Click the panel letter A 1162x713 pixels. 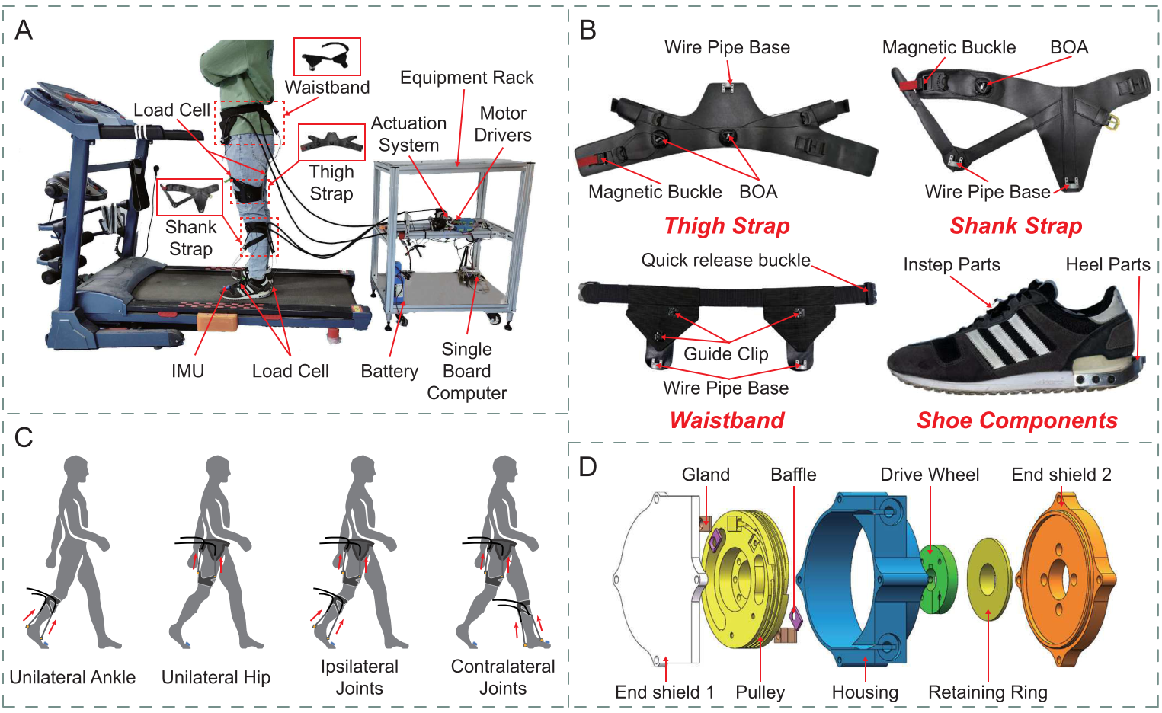(24, 30)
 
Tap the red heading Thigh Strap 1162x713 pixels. (726, 225)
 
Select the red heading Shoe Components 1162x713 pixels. (1016, 420)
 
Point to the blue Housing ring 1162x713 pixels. (853, 579)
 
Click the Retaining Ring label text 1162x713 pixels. (988, 692)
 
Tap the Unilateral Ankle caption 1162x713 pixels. (72, 677)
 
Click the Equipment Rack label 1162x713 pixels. (466, 78)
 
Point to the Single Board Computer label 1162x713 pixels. (466, 371)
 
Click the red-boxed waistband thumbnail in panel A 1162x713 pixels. (327, 57)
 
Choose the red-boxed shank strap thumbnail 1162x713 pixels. (189, 197)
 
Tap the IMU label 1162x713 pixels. (187, 371)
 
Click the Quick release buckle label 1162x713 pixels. (725, 261)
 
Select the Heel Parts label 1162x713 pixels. (1107, 264)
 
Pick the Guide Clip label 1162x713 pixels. (725, 354)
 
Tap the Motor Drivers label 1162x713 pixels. (503, 124)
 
